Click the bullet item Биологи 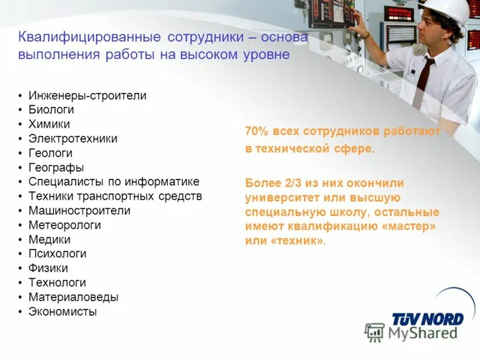pos(51,110)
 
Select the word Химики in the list pos(49,124)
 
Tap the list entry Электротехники pos(73,139)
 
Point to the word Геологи pos(50,153)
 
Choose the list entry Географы pos(56,167)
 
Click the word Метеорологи pos(64,225)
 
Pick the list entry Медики pos(49,239)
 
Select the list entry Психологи pos(57,254)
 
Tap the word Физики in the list pos(48,268)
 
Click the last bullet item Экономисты pos(62,311)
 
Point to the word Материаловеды pos(73,297)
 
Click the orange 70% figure pos(256,131)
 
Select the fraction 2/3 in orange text pos(282,183)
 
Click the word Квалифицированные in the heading pos(89,37)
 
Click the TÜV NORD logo pos(428,319)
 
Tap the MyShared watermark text pos(422,333)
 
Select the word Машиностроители pos(79,211)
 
